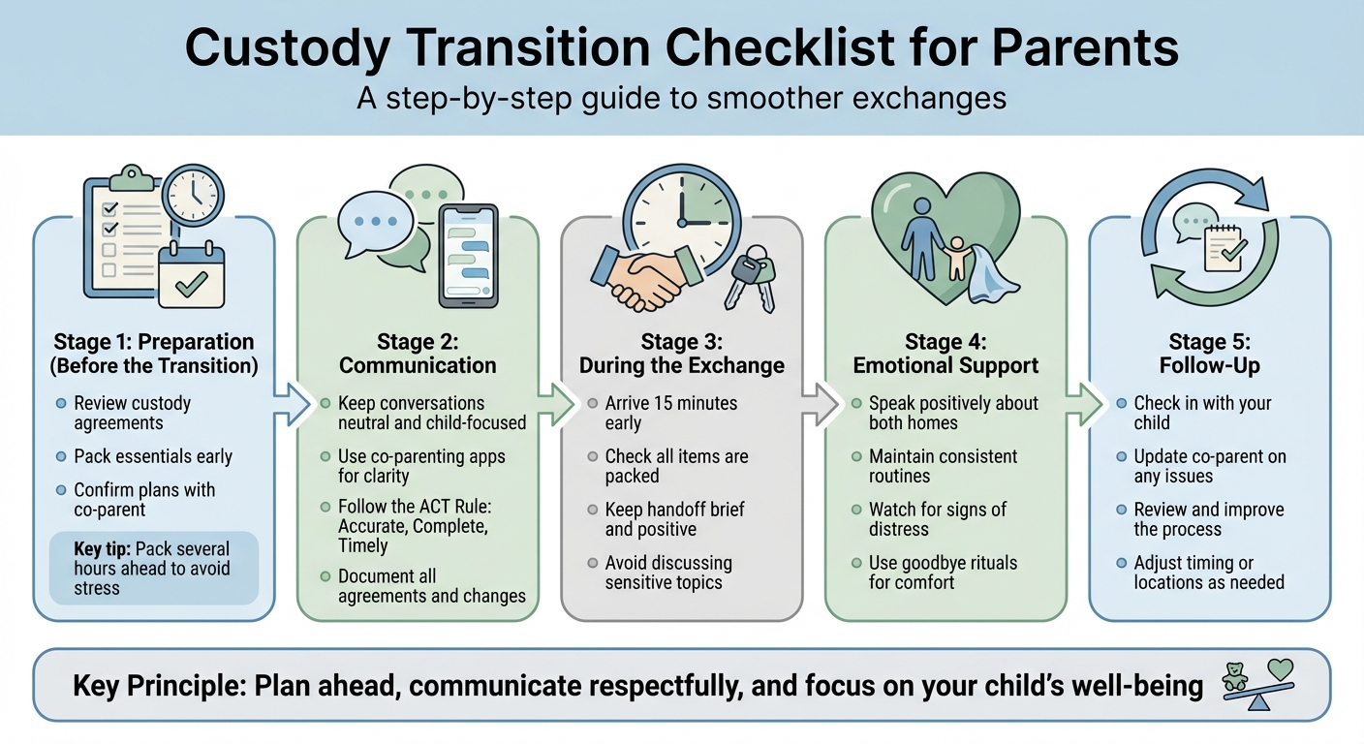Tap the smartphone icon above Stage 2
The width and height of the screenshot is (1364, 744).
point(468,255)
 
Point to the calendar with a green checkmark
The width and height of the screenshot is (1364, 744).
point(190,275)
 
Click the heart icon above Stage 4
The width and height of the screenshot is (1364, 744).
point(945,231)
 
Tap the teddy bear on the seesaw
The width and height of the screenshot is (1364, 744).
point(1235,676)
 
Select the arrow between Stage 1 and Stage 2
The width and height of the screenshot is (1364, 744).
point(291,404)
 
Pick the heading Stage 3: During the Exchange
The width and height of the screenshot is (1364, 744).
point(681,354)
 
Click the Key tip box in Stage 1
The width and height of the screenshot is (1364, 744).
point(152,569)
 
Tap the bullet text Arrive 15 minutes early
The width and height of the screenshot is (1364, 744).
point(670,413)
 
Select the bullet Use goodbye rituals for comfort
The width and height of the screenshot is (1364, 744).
point(943,573)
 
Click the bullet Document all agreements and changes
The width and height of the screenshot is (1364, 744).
point(431,586)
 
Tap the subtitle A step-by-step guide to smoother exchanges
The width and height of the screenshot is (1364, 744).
point(681,98)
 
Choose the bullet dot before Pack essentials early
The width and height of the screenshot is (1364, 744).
point(62,456)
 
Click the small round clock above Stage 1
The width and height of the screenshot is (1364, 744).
point(193,195)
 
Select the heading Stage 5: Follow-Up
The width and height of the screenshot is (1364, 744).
point(1208,354)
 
